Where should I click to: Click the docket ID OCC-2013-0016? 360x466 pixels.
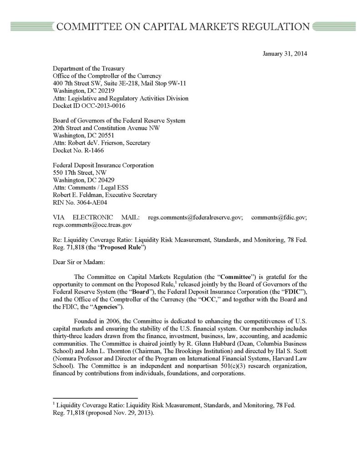coord(97,105)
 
